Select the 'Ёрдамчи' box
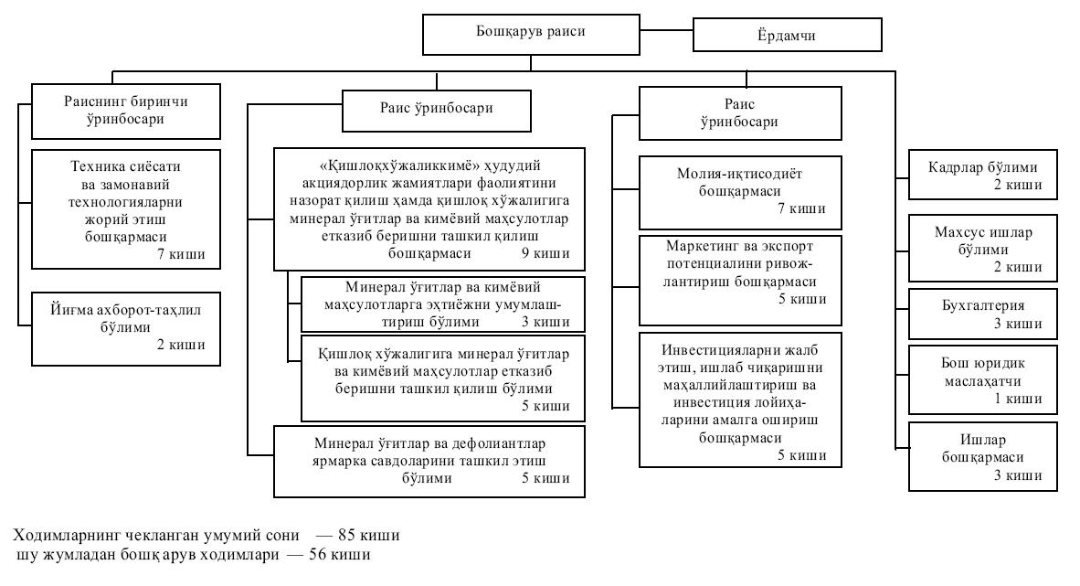coord(788,36)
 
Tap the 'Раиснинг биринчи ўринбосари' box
coord(126,109)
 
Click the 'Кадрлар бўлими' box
coord(983,175)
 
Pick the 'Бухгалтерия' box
coord(983,313)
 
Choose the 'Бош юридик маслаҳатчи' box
coord(983,374)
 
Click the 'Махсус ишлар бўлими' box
coord(983,248)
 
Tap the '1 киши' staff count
coord(1018,398)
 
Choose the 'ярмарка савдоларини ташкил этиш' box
coord(430,461)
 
